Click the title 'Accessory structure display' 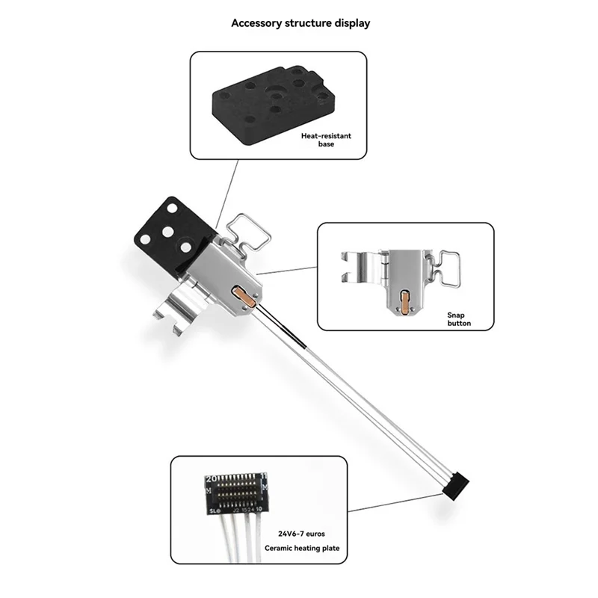click(300, 23)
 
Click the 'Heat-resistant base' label click(326, 140)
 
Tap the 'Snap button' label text click(459, 319)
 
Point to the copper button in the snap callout click(404, 303)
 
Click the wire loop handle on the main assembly click(248, 232)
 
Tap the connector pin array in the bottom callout click(235, 491)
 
